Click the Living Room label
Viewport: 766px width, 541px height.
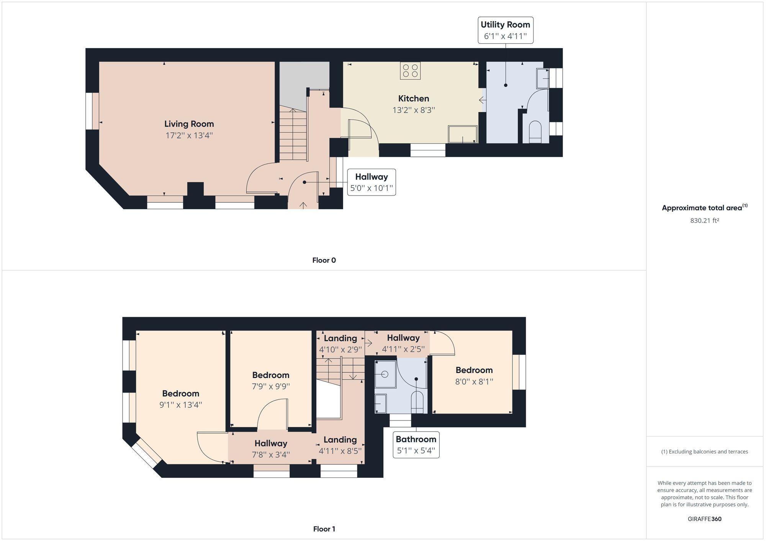tap(189, 124)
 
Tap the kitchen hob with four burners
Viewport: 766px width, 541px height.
tap(410, 71)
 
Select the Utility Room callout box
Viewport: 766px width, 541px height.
tap(506, 30)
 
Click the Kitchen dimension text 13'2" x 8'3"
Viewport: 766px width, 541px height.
tap(414, 110)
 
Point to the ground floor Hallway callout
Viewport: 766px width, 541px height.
tap(372, 182)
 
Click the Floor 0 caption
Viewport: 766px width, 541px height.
tap(324, 260)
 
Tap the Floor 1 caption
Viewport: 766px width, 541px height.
tap(324, 529)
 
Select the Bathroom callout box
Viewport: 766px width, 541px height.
tap(416, 445)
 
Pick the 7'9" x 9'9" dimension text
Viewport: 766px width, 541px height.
tap(271, 386)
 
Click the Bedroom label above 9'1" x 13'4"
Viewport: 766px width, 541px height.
tap(181, 393)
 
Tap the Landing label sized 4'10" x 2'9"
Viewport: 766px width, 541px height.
tap(340, 338)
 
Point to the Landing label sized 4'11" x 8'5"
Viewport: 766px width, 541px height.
tap(340, 440)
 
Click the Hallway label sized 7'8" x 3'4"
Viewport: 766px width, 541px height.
tap(271, 443)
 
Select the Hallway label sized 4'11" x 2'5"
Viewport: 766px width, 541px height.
tap(403, 338)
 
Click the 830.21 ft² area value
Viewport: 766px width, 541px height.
tap(705, 220)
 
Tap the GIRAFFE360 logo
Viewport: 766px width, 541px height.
tap(705, 519)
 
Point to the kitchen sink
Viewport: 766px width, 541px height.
tap(463, 134)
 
